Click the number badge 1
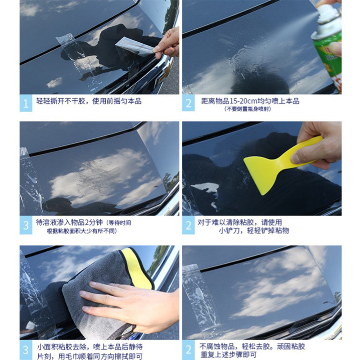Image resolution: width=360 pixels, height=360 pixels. [26, 103]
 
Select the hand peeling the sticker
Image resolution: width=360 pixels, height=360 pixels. [167, 43]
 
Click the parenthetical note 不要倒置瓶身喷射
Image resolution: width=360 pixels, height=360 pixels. [248, 109]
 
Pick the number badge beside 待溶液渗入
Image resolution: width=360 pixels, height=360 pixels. [26, 225]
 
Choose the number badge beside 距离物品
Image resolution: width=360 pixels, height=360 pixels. [188, 103]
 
